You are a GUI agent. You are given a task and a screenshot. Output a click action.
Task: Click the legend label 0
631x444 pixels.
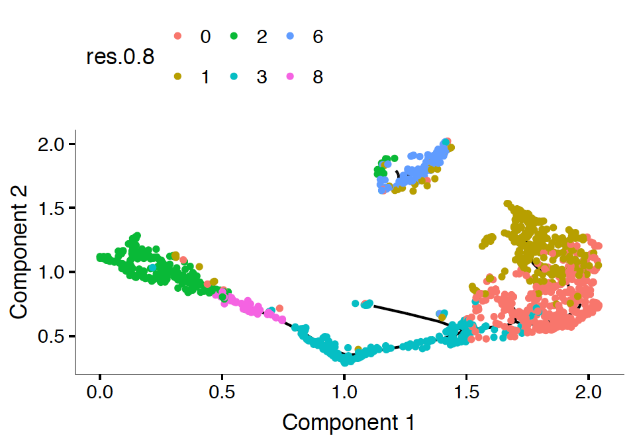tap(205, 37)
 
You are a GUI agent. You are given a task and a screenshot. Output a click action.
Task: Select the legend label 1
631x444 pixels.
tap(205, 77)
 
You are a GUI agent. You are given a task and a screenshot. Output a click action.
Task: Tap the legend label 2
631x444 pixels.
tap(262, 37)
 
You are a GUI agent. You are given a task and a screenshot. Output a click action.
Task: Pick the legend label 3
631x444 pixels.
tap(262, 77)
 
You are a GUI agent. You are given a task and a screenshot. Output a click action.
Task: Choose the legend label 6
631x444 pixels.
tap(318, 37)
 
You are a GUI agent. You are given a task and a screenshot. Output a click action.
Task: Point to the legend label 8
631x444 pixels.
tap(318, 77)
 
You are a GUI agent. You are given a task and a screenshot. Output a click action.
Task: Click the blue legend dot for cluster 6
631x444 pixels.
tap(290, 36)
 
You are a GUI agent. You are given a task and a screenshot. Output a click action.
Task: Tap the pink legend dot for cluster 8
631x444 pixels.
tap(290, 77)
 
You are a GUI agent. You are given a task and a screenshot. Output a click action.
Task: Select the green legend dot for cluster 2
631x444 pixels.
tap(234, 36)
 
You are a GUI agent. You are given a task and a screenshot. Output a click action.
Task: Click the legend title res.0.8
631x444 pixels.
tap(121, 58)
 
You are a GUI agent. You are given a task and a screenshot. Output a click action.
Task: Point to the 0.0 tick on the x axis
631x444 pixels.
tap(99, 392)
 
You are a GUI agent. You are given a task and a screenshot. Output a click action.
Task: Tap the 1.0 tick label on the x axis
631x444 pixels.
tap(344, 392)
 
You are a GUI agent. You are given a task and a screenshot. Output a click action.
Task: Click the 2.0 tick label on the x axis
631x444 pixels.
tap(588, 392)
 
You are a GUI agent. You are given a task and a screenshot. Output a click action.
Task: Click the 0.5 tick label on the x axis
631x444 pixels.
tap(222, 392)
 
